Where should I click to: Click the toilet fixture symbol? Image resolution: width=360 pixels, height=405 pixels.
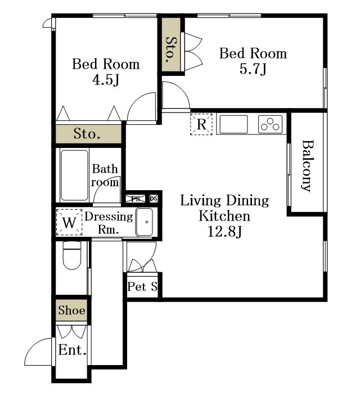[x=72, y=255]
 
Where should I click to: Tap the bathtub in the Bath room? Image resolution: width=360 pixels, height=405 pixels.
[x=74, y=175]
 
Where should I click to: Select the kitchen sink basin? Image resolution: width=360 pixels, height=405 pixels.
[x=233, y=124]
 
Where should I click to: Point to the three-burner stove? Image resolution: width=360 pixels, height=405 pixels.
[x=270, y=124]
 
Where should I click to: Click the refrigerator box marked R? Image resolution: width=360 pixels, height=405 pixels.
[x=201, y=124]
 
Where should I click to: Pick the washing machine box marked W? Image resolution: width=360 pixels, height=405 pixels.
[x=69, y=222]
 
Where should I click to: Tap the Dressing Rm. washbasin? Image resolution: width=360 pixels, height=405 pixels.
[x=145, y=222]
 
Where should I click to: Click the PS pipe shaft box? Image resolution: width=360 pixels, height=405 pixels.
[x=136, y=199]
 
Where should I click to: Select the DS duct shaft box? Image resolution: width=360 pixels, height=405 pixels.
[x=154, y=199]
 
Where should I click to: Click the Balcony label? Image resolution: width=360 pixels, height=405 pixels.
[x=308, y=166]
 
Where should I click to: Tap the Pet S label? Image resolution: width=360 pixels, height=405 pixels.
[x=142, y=286]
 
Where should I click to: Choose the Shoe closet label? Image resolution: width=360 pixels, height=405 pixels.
[x=71, y=310]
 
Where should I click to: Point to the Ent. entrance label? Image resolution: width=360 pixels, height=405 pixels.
[x=73, y=350]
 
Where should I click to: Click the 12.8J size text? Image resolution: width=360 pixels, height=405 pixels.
[x=224, y=232]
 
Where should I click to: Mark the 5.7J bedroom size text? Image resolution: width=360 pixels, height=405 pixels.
[x=253, y=69]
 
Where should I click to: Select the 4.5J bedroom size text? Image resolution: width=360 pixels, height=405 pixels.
[x=106, y=80]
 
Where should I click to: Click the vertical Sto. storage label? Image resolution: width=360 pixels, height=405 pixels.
[x=171, y=49]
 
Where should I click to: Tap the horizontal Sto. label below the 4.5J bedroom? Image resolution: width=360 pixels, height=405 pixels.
[x=87, y=134]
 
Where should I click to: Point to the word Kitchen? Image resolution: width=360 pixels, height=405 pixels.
[x=224, y=216]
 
